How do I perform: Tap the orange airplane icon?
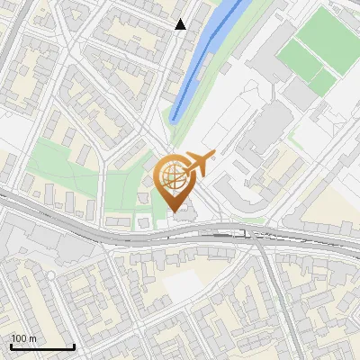[199, 164]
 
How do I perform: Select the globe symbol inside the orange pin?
[172, 175]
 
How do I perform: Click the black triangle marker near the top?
[180, 24]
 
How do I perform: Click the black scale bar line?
[42, 346]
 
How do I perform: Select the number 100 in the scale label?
[19, 338]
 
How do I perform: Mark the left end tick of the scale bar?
[11, 346]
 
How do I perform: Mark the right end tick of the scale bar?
[74, 346]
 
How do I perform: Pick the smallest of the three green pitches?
[323, 82]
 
